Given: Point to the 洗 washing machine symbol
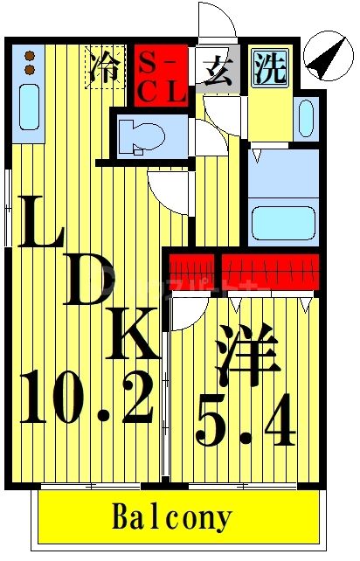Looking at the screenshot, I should click(270, 68).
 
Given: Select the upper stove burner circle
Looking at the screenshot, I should click(29, 55).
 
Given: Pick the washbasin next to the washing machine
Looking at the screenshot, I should click(306, 117).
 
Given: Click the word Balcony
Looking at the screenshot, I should click(172, 517).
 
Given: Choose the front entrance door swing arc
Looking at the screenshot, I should click(216, 22).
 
